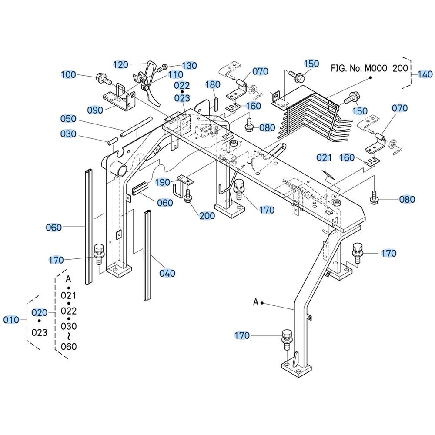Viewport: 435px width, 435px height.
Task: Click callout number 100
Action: tap(68, 75)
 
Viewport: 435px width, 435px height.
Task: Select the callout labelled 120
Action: tap(120, 65)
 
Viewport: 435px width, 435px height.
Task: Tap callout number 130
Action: tap(189, 66)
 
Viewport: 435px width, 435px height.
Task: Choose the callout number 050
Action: tap(68, 119)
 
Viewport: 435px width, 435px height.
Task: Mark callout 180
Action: tap(213, 84)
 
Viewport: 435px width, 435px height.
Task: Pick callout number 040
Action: tap(167, 273)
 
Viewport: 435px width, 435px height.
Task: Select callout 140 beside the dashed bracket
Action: tap(425, 74)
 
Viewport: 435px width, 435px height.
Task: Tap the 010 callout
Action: tap(11, 320)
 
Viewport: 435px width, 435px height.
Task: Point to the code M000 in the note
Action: tap(375, 68)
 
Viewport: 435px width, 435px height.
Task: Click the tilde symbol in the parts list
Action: tap(69, 336)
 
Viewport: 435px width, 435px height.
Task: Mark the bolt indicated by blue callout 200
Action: tap(188, 196)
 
